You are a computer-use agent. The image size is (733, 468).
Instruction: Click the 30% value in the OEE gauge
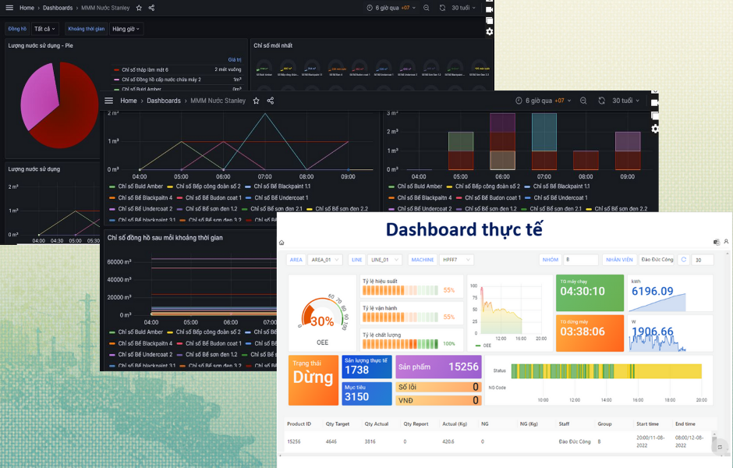tap(322, 321)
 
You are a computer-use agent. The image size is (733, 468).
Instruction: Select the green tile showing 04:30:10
tap(590, 292)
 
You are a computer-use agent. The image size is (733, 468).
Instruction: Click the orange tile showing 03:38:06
tap(590, 331)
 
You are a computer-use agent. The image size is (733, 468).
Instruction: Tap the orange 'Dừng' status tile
tap(313, 379)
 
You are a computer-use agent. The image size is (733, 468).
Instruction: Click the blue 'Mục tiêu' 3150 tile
tap(366, 393)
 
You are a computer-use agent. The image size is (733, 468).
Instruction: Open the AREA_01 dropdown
tap(328, 260)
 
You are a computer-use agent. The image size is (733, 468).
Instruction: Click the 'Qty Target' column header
tap(337, 424)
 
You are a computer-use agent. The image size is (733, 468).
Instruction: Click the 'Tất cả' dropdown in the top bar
tap(44, 29)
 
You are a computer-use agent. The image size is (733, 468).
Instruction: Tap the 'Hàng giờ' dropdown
tap(126, 29)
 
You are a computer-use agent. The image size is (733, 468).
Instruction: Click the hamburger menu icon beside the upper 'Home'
tap(9, 8)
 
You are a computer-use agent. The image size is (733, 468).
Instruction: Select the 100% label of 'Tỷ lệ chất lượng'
tap(448, 343)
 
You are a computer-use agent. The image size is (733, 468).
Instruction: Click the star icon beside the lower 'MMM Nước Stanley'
tap(256, 101)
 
